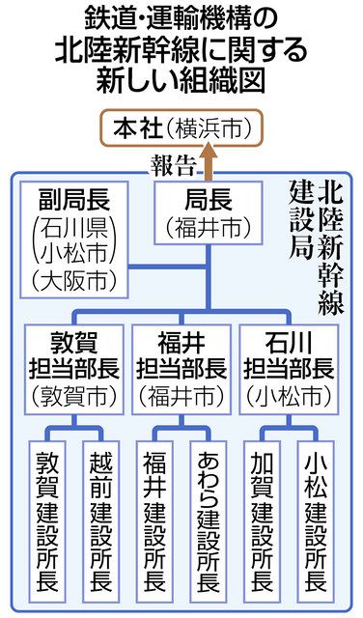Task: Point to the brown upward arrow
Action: (x=206, y=160)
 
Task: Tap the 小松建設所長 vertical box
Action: (x=315, y=519)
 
